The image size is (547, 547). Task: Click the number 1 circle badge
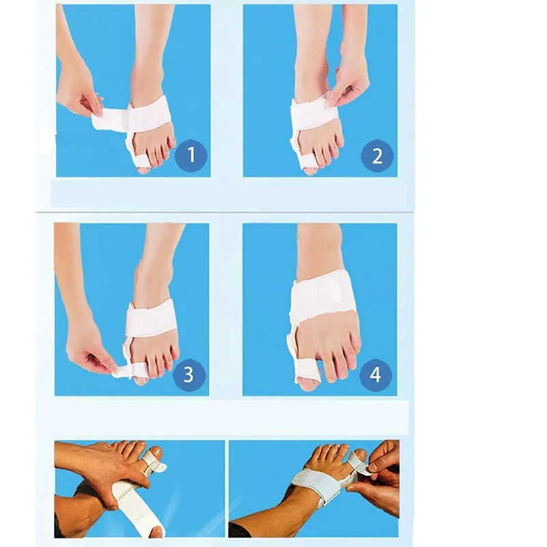point(191,155)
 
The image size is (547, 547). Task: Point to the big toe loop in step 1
point(141,161)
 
